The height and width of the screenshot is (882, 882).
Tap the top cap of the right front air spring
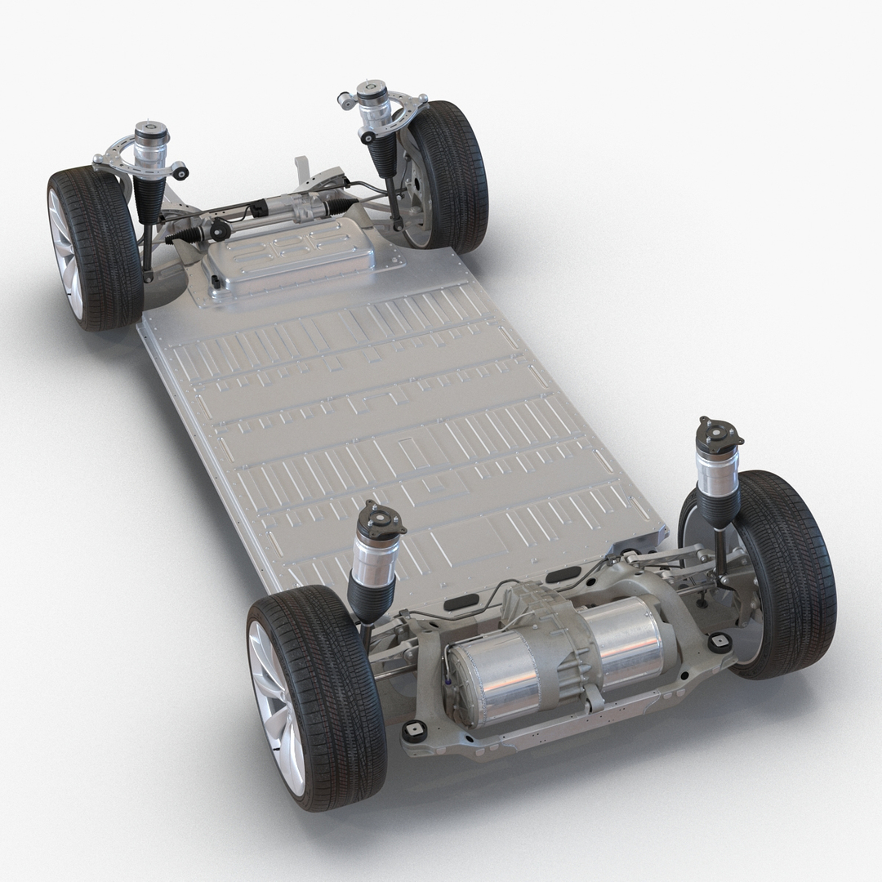[372, 87]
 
